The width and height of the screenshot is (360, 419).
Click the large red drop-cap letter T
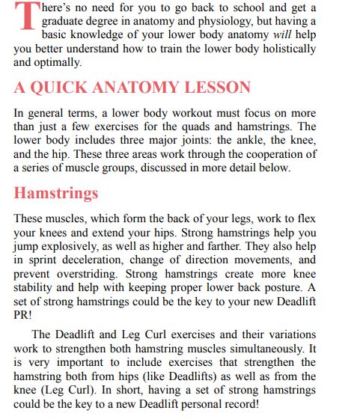(25, 17)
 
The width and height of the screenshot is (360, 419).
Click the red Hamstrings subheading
(56, 193)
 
